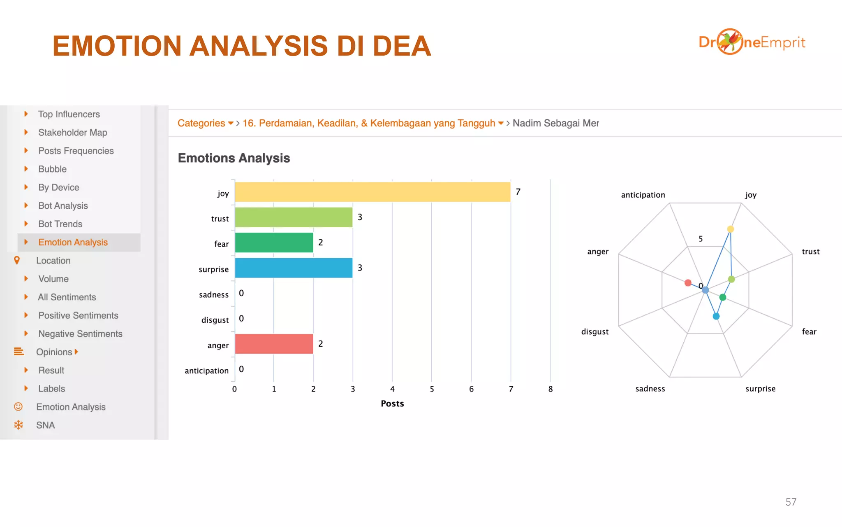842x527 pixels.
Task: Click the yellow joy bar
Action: coord(372,192)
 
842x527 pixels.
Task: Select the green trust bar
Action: coord(294,217)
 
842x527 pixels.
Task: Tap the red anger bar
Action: coord(274,344)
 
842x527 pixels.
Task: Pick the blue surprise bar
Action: coord(294,268)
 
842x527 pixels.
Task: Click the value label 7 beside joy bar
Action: coord(518,192)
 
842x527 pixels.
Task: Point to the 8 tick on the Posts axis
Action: coord(550,389)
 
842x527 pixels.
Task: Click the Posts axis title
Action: coord(392,403)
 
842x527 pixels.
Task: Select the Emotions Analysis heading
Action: coord(234,158)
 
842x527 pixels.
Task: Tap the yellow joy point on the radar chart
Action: coord(731,229)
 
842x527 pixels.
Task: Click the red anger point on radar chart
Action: coord(688,283)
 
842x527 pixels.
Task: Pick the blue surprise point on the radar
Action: coord(716,316)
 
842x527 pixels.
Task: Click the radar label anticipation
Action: coord(643,195)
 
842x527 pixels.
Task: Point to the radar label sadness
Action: coord(650,389)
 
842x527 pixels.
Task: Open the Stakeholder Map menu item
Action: coord(72,133)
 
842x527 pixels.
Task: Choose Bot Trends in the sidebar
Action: coord(60,224)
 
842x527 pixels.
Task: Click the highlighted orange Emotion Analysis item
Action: coord(73,243)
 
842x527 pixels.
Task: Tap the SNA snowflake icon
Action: coord(19,425)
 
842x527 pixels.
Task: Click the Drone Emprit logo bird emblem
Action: coord(730,42)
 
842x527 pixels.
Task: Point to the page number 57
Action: coord(791,502)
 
